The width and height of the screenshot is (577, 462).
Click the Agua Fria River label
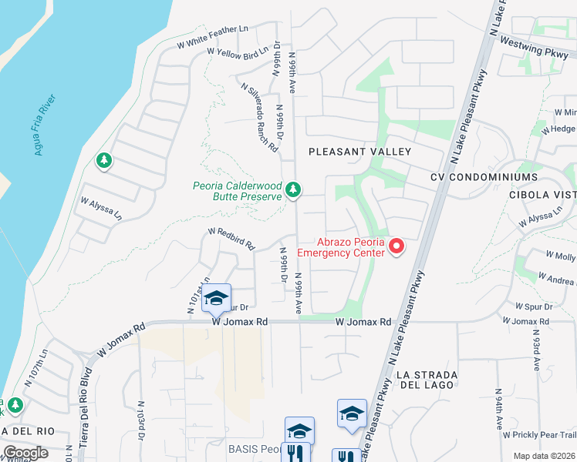point(46,125)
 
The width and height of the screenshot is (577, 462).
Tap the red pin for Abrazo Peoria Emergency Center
point(396,246)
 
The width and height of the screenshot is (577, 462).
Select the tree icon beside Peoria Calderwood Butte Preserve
point(292,189)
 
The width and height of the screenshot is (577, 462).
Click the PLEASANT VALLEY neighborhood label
point(360,152)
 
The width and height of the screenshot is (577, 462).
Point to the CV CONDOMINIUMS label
point(484,176)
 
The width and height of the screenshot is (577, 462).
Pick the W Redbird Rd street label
point(231,239)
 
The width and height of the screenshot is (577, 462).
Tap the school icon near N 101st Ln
point(216,299)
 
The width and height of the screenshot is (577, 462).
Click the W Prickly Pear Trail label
point(539,435)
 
